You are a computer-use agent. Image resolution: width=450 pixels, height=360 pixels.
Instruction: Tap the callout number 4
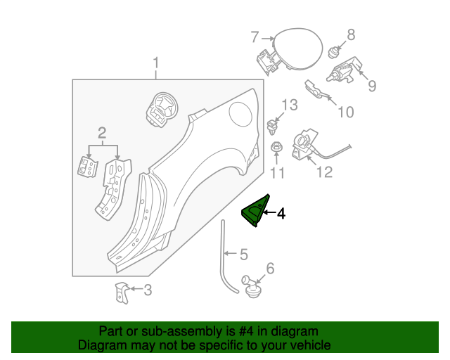point(281,214)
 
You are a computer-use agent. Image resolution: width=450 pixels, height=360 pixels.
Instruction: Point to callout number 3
point(147,289)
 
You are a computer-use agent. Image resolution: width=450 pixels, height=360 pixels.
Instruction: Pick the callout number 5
point(243,254)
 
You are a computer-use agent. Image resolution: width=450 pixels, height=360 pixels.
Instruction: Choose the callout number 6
point(270,268)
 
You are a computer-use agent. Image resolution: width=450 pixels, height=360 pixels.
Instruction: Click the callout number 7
point(255,37)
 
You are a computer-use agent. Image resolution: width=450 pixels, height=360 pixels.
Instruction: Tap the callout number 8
point(350,34)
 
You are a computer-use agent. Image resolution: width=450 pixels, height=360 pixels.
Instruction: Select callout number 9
point(371,86)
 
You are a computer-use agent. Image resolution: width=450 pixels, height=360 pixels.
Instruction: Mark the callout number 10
point(346,112)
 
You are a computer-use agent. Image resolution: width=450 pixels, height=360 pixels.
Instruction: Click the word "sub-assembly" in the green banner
point(169,331)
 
